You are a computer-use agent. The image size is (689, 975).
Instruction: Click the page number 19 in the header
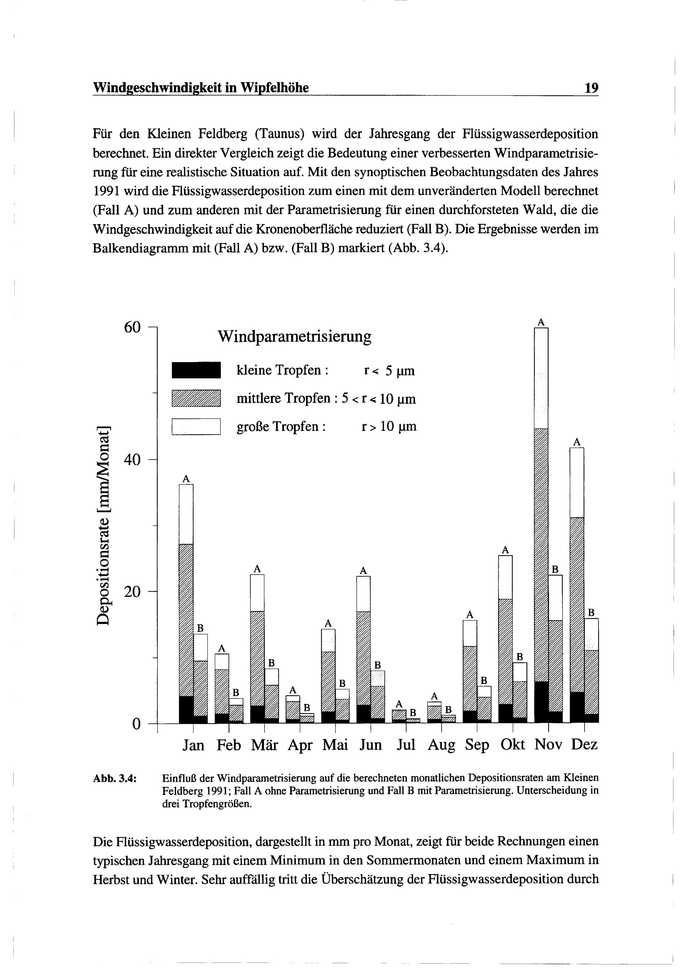click(x=591, y=88)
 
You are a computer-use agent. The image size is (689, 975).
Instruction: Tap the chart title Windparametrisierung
click(x=295, y=337)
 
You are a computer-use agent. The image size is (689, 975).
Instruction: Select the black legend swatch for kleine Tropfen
click(x=196, y=370)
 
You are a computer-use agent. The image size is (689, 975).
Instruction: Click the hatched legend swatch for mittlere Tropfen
click(x=196, y=398)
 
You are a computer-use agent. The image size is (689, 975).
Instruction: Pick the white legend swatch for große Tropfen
click(x=196, y=427)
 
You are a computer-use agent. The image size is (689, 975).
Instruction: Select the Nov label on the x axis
click(x=548, y=744)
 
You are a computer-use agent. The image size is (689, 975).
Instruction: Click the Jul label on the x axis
click(x=406, y=744)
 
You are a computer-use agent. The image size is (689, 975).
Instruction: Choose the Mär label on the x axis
click(x=264, y=744)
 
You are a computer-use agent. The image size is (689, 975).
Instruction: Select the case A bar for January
click(x=186, y=603)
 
